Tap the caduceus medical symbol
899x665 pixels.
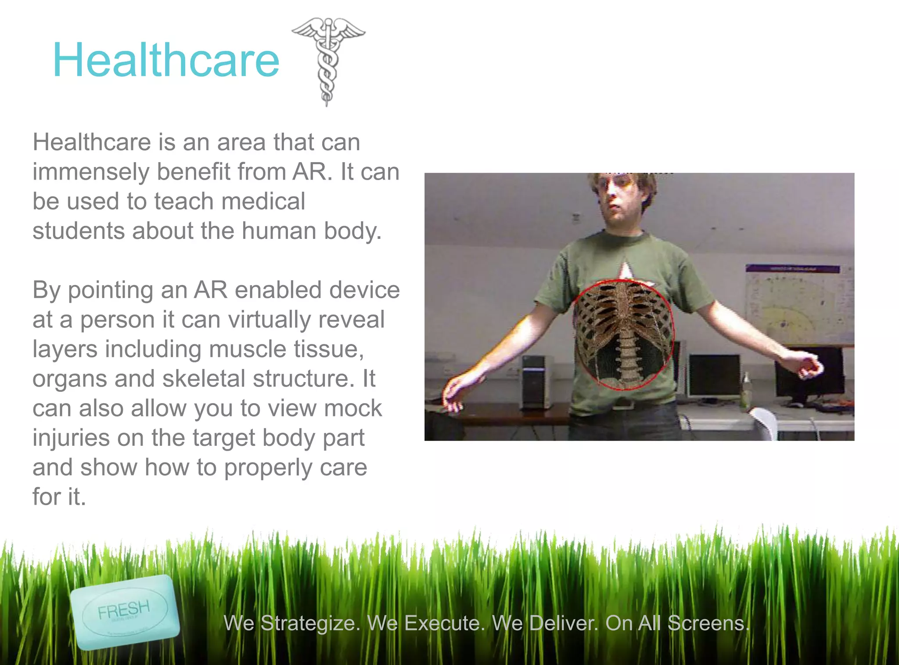[327, 59]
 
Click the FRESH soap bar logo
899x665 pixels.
[125, 611]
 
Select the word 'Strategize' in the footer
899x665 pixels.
[310, 623]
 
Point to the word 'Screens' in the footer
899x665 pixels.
[708, 623]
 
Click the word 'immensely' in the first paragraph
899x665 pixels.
[91, 172]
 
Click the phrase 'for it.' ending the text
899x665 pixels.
[59, 497]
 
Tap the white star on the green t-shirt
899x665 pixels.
[625, 271]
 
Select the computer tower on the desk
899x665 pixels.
[535, 381]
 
